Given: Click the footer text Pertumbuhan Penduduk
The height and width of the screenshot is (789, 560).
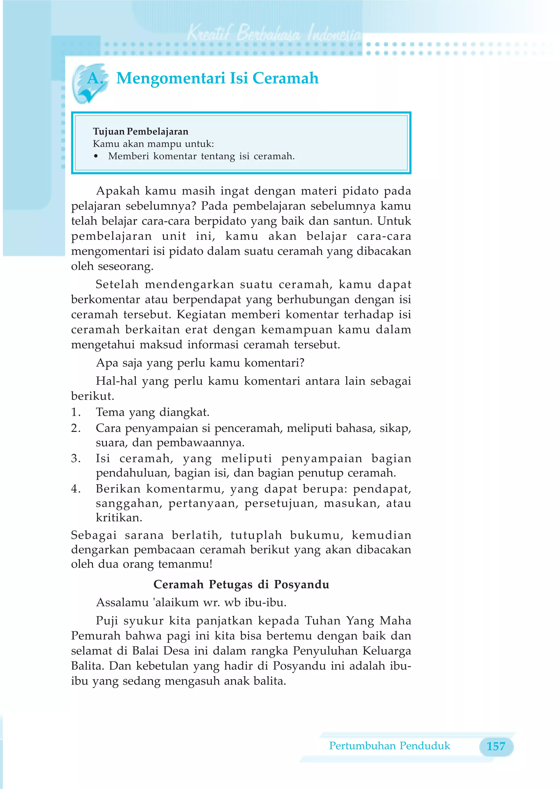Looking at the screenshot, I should coord(389,746).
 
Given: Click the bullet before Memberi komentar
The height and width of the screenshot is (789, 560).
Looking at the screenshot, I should coord(96,156).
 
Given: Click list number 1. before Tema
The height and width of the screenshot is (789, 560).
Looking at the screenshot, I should coord(76,412).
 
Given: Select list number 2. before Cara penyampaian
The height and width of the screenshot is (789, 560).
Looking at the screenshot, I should coord(76,428).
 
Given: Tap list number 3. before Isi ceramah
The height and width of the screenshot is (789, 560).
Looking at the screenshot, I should coord(76,458).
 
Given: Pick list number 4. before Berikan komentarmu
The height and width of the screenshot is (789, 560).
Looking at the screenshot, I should coord(76,489).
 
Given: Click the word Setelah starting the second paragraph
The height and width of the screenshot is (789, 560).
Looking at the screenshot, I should coord(117,284).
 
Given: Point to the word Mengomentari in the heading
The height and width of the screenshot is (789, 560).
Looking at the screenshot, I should coord(170,78).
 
